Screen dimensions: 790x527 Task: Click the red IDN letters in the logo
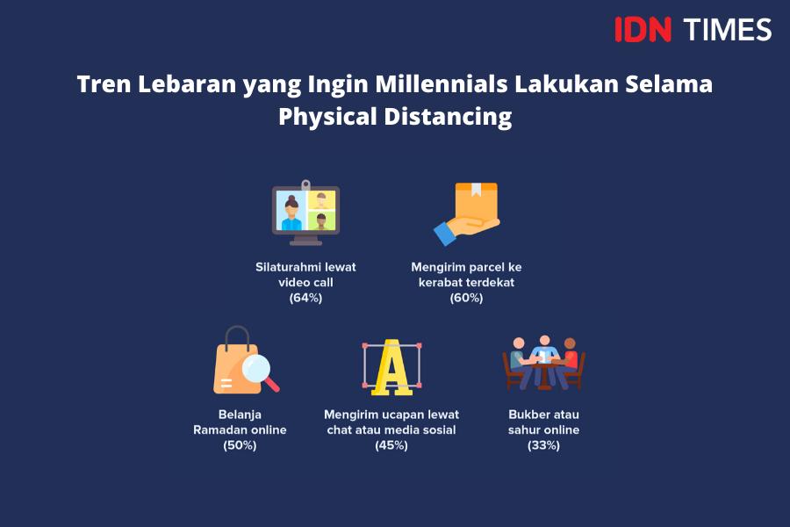pyautogui.click(x=643, y=29)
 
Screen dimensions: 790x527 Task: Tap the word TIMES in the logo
pyautogui.click(x=728, y=29)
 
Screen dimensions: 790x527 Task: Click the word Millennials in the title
pyautogui.click(x=442, y=83)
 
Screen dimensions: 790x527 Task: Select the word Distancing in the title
pyautogui.click(x=448, y=117)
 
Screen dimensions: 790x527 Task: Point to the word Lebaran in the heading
pyautogui.click(x=187, y=83)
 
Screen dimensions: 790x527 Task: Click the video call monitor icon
pyautogui.click(x=305, y=213)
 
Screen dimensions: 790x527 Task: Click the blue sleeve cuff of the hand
pyautogui.click(x=445, y=234)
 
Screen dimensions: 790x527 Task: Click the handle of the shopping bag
pyautogui.click(x=237, y=336)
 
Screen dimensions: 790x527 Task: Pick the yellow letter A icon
pyautogui.click(x=391, y=367)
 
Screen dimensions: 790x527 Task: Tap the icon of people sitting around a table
pyautogui.click(x=544, y=363)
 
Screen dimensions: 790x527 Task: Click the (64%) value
pyautogui.click(x=305, y=298)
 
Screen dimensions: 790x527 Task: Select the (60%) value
pyautogui.click(x=467, y=298)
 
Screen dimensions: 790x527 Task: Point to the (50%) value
pyautogui.click(x=240, y=445)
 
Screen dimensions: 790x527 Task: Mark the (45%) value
pyautogui.click(x=391, y=445)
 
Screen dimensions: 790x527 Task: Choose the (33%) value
pyautogui.click(x=543, y=445)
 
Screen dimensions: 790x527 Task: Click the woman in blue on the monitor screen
pyautogui.click(x=291, y=213)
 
